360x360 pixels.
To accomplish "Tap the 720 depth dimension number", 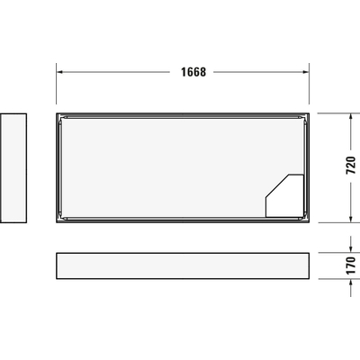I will (351, 166).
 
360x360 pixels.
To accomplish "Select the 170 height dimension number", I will (351, 267).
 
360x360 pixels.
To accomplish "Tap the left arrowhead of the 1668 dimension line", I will (60, 73).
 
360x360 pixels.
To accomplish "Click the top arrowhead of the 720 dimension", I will (350, 116).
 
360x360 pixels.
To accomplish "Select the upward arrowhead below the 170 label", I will (350, 285).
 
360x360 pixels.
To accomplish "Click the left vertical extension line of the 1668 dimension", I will (57, 85).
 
